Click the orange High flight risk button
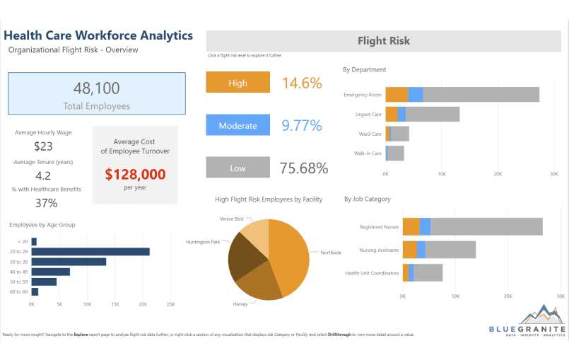238,83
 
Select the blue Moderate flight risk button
238,126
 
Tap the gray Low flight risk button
238,168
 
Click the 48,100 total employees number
97,88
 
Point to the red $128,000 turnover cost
135,174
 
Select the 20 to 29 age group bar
90,252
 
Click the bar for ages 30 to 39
69,262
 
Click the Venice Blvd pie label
231,219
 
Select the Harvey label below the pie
240,304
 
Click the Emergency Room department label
363,95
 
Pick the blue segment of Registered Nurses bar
425,226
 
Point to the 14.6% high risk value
302,83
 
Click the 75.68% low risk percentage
304,168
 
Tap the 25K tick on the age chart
170,305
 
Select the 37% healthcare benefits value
46,203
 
